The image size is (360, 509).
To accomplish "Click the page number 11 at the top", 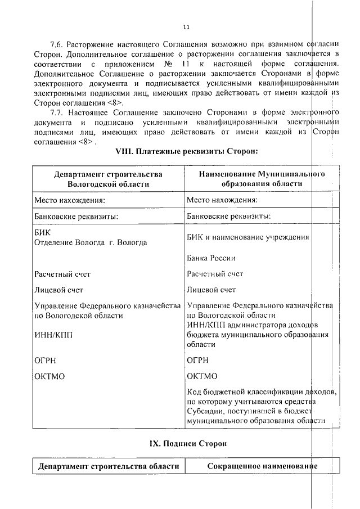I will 187,26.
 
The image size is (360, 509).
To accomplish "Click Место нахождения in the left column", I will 70,200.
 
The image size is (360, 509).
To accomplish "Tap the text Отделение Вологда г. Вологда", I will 91,242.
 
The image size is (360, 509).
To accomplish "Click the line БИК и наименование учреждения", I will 247,237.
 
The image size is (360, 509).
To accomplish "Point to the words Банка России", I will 211,258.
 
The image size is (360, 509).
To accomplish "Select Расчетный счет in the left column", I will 62,274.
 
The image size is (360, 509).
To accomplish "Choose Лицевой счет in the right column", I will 211,290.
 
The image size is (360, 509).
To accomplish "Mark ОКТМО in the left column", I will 50,376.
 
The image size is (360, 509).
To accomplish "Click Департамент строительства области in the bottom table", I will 108,467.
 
